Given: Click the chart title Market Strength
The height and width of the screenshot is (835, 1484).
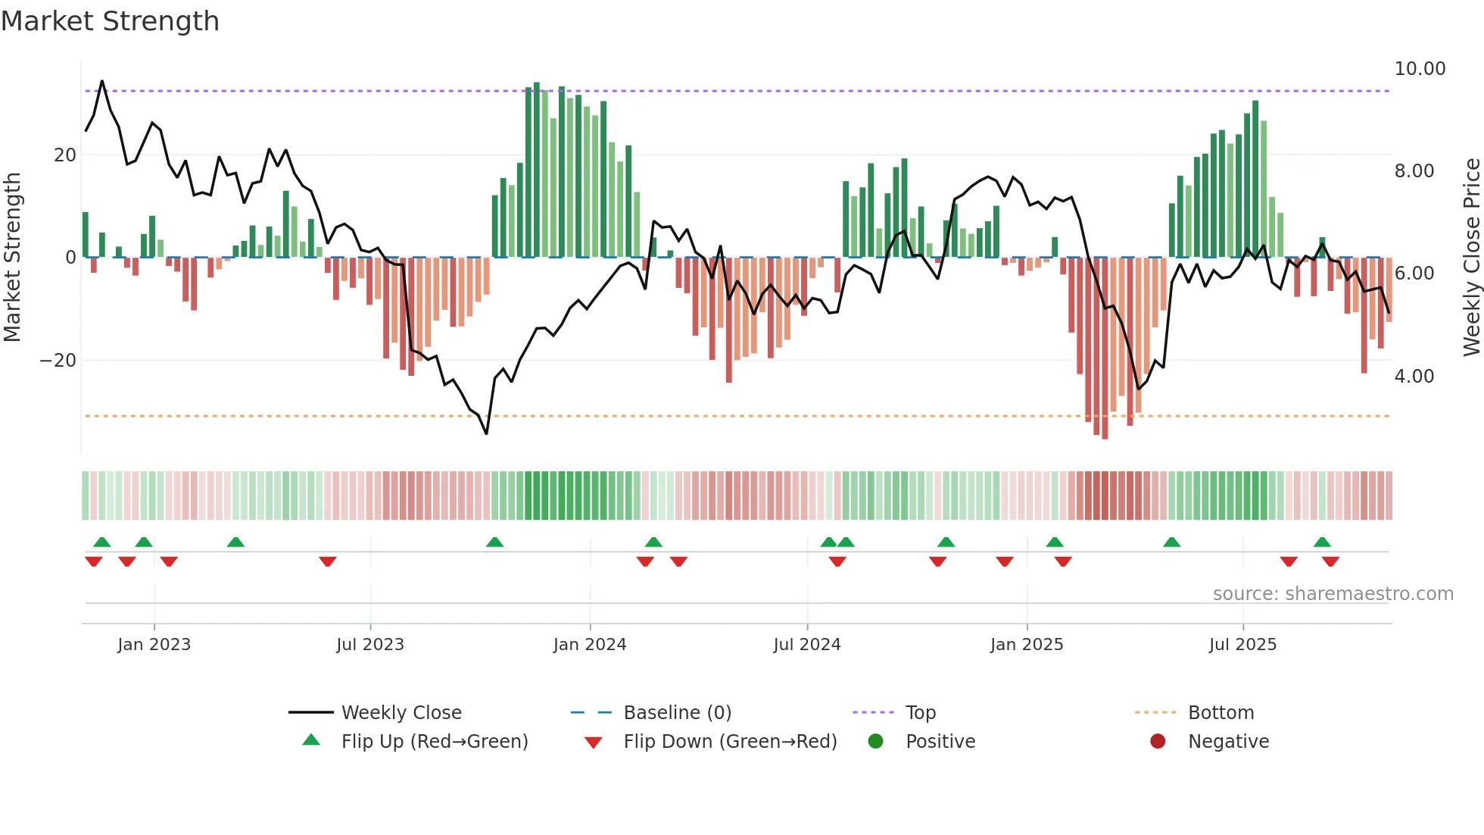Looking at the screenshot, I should (111, 21).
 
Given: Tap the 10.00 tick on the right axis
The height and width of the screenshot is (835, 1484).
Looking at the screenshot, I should (1420, 69).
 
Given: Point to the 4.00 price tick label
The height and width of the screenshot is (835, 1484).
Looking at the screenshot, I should (1414, 377).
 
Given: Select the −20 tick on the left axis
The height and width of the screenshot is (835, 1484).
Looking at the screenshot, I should (58, 361).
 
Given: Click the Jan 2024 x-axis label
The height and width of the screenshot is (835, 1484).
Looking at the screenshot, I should (590, 645).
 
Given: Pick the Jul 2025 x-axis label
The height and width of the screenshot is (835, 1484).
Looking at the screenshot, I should (1242, 645).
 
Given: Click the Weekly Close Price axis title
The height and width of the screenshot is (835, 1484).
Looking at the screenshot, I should (1471, 258).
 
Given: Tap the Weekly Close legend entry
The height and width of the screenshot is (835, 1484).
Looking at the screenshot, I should (401, 713).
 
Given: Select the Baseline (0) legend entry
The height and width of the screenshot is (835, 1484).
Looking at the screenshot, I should (677, 713).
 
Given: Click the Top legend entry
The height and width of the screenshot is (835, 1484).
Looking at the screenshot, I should (920, 713).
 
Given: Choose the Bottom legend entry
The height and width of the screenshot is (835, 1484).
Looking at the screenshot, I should (1221, 713).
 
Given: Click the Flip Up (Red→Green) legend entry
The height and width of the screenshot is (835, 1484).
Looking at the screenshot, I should (434, 742).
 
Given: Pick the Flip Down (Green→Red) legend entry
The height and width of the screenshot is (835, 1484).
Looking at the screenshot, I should (730, 742).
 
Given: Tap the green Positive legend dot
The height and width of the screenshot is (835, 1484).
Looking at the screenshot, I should (876, 742).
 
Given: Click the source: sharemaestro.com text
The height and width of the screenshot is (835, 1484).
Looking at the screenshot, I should (1333, 594).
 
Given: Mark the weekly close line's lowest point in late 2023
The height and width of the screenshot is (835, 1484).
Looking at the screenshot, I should (486, 433).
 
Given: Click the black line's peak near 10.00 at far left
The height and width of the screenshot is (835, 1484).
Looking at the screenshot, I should (102, 81).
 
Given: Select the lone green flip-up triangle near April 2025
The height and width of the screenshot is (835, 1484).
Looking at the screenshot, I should (1171, 543).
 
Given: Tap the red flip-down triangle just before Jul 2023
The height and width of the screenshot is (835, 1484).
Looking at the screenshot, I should (328, 561).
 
